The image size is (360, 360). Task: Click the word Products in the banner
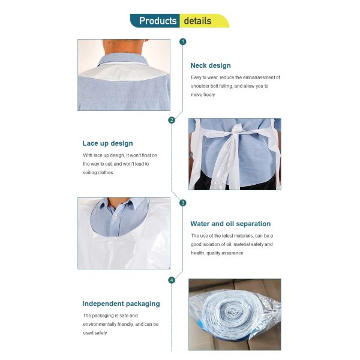[x=158, y=21]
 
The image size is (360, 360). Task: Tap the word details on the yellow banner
[x=197, y=21]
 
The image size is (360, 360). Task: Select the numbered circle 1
[x=183, y=41]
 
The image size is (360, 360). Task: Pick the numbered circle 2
[x=172, y=120]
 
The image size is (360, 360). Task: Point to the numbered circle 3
[x=183, y=203]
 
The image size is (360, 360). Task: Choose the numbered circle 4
[x=172, y=280]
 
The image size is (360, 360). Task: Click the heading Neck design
[x=211, y=65]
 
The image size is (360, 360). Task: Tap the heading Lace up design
[x=107, y=143]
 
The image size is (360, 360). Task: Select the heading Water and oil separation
[x=230, y=224]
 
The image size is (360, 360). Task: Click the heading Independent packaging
[x=121, y=304]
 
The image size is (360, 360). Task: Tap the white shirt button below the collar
[x=116, y=216]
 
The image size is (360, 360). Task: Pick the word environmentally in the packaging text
[x=100, y=325]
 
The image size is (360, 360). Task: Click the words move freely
[x=203, y=95]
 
